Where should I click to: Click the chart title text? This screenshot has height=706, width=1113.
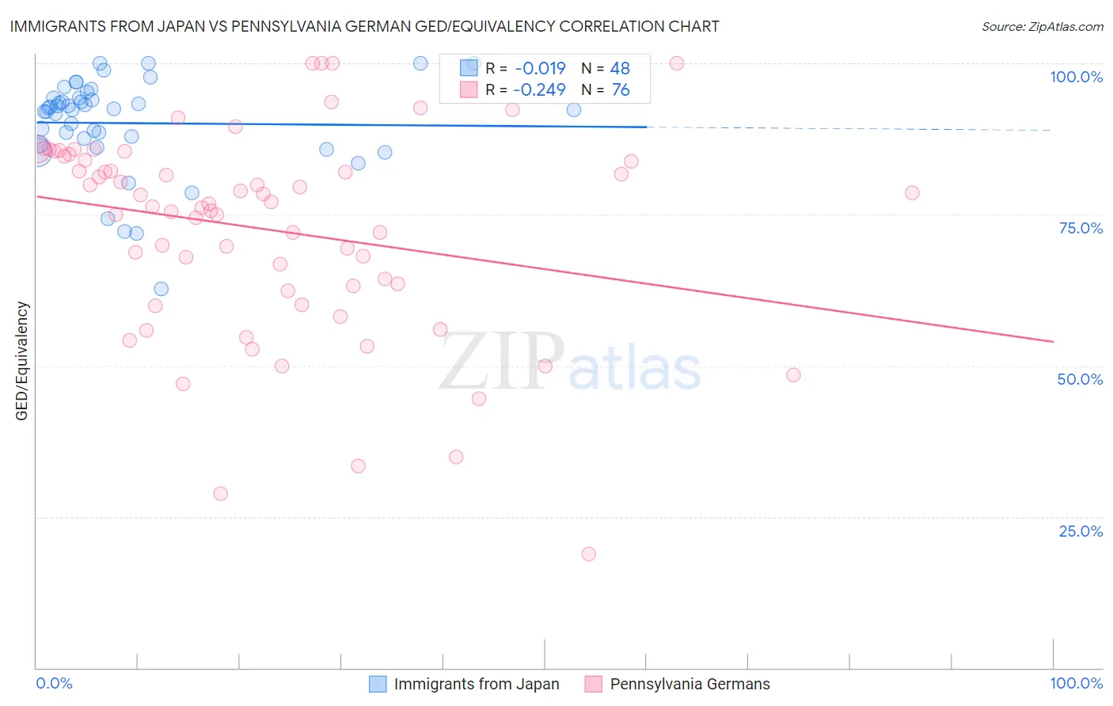coord(365,26)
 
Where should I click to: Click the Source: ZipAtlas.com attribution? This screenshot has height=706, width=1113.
coord(1042,26)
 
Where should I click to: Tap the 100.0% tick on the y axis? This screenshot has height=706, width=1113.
coord(1076,77)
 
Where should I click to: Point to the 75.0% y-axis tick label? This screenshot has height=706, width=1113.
coord(1081,228)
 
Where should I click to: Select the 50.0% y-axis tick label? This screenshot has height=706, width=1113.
coord(1080,379)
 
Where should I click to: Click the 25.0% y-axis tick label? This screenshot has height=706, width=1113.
coord(1081,531)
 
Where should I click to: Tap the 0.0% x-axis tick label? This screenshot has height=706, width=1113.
coord(54,683)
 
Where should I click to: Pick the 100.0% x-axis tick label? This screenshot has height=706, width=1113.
coord(1076,683)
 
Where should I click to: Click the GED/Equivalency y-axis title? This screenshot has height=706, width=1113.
coord(22,361)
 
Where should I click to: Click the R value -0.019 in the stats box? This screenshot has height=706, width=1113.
coord(540,69)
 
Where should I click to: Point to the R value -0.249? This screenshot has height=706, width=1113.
coord(540,90)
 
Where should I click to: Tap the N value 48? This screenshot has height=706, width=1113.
coord(620,69)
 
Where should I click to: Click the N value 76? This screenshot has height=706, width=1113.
coord(620,90)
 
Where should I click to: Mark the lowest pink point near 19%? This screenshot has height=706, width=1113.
coord(588,554)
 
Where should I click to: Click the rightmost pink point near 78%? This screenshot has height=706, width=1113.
coord(912,193)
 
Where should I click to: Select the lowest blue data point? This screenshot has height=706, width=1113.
coord(161,289)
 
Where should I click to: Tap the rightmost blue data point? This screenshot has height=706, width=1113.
coord(574,110)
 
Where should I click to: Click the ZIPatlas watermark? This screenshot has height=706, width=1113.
coord(570,362)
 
